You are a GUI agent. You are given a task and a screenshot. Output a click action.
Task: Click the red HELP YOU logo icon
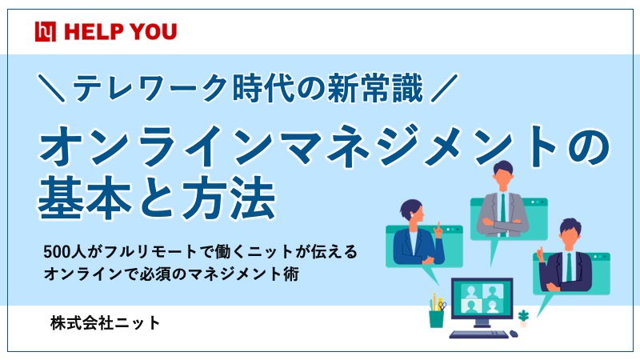click(46, 32)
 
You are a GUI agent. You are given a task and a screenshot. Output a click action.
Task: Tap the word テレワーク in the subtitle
click(149, 87)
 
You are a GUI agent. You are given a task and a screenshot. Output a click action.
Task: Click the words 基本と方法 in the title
click(157, 199)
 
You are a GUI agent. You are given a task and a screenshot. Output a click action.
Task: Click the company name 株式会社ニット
click(105, 323)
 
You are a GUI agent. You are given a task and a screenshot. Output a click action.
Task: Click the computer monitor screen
click(482, 298)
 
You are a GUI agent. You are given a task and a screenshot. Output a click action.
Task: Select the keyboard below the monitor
click(478, 334)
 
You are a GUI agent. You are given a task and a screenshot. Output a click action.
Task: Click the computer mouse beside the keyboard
click(514, 334)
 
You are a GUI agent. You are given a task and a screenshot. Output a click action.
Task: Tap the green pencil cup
click(436, 318)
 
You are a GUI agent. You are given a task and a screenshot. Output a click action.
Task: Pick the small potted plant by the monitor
click(523, 318)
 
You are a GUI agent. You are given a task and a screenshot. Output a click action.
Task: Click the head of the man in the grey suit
click(502, 176)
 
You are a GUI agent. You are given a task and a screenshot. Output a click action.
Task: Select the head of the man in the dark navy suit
click(570, 234)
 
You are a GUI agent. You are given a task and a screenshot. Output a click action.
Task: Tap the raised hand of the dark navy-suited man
click(541, 254)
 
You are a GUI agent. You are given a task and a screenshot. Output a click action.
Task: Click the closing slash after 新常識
click(445, 87)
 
